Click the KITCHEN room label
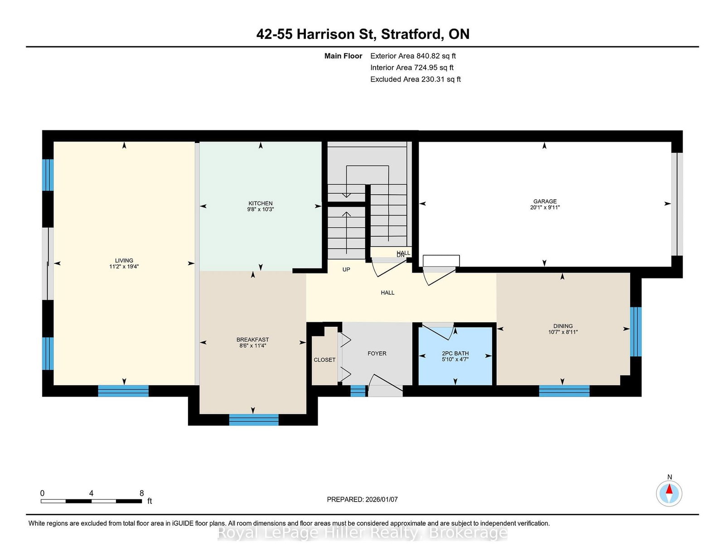[x=260, y=203]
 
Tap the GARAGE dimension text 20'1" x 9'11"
[x=545, y=207]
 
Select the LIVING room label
[x=124, y=261]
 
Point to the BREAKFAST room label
[x=252, y=340]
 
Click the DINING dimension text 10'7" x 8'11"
[x=563, y=332]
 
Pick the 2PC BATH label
[x=455, y=353]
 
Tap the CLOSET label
[x=324, y=360]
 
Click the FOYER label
[x=377, y=353]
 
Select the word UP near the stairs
[x=346, y=269]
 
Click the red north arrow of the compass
[x=669, y=489]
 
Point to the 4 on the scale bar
[x=91, y=493]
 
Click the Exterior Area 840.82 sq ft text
[x=413, y=56]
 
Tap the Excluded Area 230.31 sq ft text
[x=416, y=79]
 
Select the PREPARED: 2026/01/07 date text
[x=362, y=499]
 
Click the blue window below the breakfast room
[x=254, y=420]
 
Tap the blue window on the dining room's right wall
[x=636, y=332]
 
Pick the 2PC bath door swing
[x=438, y=331]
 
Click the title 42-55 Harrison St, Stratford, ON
[x=362, y=34]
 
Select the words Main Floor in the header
[x=343, y=56]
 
